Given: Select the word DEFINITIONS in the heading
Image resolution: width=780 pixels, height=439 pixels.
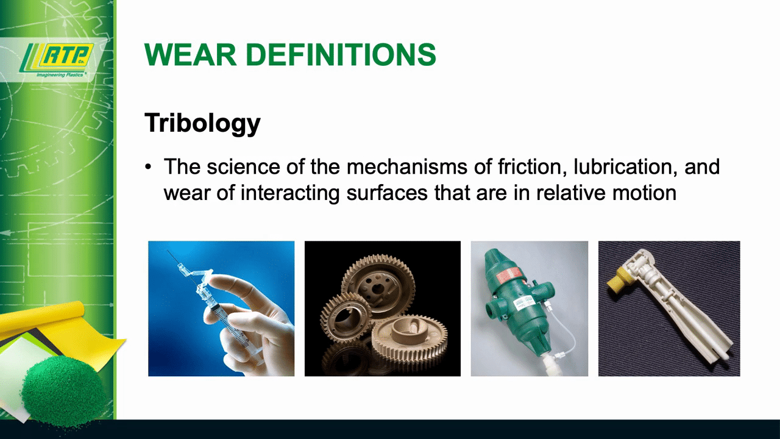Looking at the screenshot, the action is coord(341,54).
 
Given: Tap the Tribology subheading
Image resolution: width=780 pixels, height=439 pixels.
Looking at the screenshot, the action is coord(202,123).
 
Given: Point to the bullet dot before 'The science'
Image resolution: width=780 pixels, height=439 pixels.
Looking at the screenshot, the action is coord(148,167).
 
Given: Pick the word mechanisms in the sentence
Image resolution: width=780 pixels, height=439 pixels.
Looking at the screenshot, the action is coord(406,166).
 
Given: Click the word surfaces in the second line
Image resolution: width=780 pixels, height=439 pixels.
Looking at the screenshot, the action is coord(387,193).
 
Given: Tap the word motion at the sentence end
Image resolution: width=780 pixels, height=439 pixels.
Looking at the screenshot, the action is coord(644,193).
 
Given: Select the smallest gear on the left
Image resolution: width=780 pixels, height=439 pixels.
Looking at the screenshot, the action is coord(345,318).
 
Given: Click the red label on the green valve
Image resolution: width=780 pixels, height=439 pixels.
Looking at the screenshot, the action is coord(509,275).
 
